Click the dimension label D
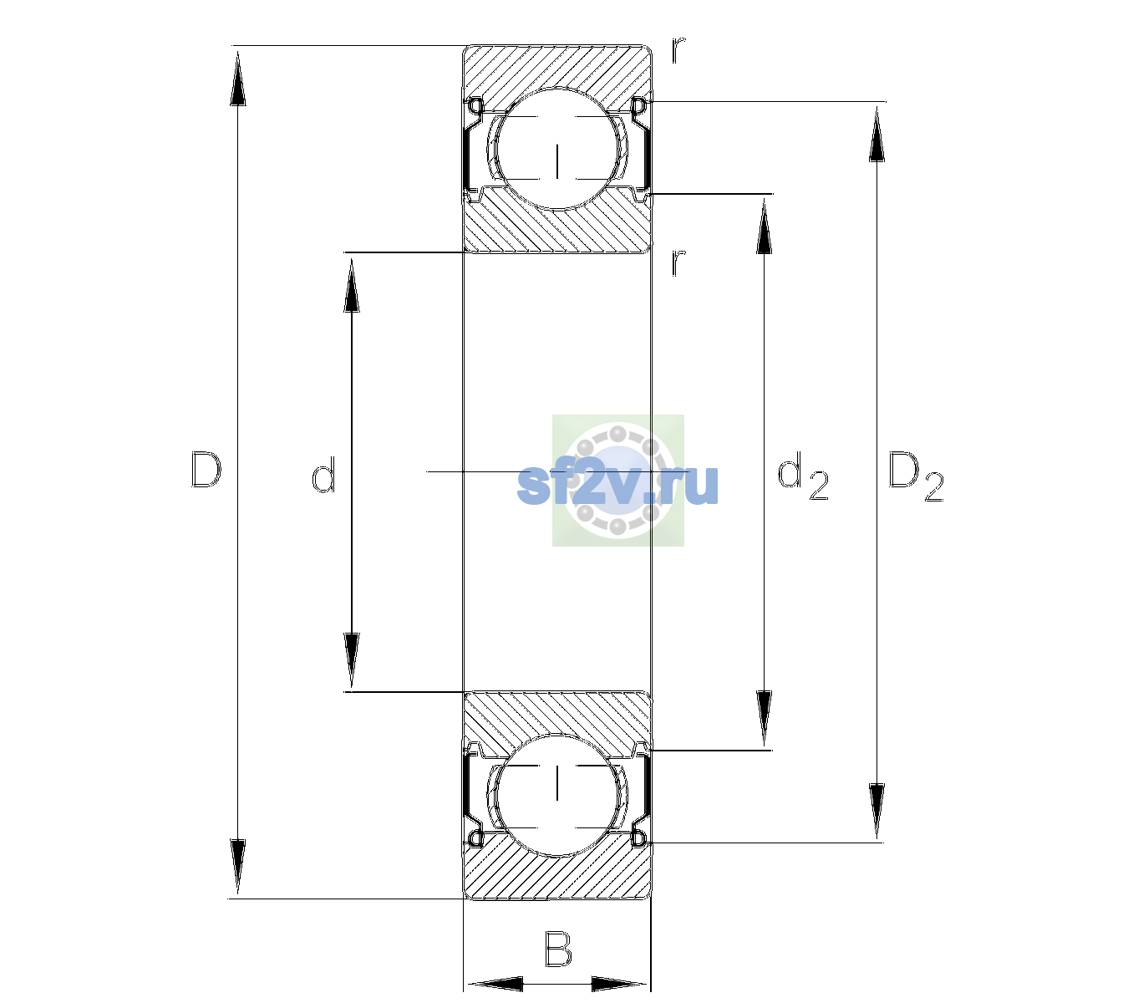pyautogui.click(x=206, y=470)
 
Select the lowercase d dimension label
pyautogui.click(x=323, y=475)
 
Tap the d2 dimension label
pyautogui.click(x=803, y=476)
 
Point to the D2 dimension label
pyautogui.click(x=915, y=476)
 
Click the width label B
pyautogui.click(x=558, y=948)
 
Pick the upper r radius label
pyautogui.click(x=678, y=50)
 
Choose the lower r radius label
pyautogui.click(x=678, y=262)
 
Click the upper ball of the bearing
pyautogui.click(x=557, y=148)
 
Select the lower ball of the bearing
pyautogui.click(x=557, y=795)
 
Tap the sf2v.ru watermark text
pyautogui.click(x=617, y=485)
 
